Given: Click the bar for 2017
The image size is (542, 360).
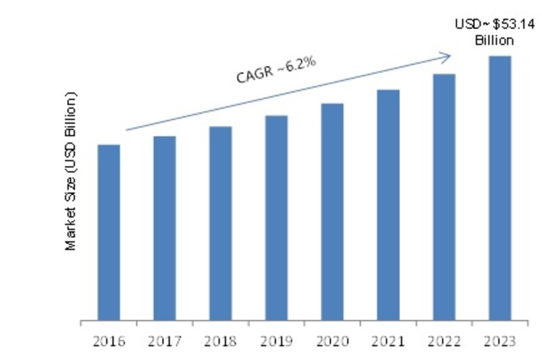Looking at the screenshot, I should click(x=165, y=228).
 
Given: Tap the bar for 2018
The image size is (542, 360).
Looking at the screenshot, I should click(x=220, y=223).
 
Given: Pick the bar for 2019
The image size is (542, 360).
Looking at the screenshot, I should click(x=276, y=218).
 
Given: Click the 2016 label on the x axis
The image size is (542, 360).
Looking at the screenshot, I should click(x=109, y=338).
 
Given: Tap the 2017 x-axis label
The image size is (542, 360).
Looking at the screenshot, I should click(x=165, y=338).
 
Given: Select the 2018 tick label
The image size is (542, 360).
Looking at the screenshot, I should click(x=220, y=338).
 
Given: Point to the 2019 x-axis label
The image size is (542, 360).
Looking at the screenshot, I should click(x=276, y=338).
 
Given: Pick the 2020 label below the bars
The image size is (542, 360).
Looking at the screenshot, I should click(x=332, y=338).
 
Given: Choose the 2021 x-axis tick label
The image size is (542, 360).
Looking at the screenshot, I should click(x=388, y=338).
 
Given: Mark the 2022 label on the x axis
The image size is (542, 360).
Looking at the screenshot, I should click(x=444, y=338).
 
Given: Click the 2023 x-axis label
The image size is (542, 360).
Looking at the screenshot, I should click(x=500, y=338).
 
